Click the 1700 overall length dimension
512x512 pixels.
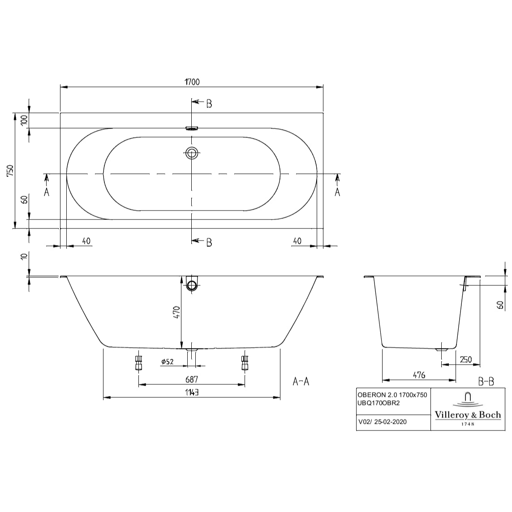click(191, 82)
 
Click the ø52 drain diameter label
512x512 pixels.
click(167, 361)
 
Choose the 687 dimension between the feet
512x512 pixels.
click(191, 379)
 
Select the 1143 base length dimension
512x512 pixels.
click(191, 392)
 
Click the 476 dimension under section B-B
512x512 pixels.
click(418, 375)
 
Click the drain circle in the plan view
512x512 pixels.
click(192, 153)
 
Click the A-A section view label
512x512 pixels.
click(301, 382)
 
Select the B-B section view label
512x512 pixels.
click(486, 382)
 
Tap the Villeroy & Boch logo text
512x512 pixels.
click(468, 415)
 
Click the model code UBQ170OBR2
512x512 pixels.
click(379, 403)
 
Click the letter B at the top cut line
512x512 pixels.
click(209, 104)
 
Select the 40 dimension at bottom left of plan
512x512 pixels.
click(86, 241)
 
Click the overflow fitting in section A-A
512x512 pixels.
click(192, 284)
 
